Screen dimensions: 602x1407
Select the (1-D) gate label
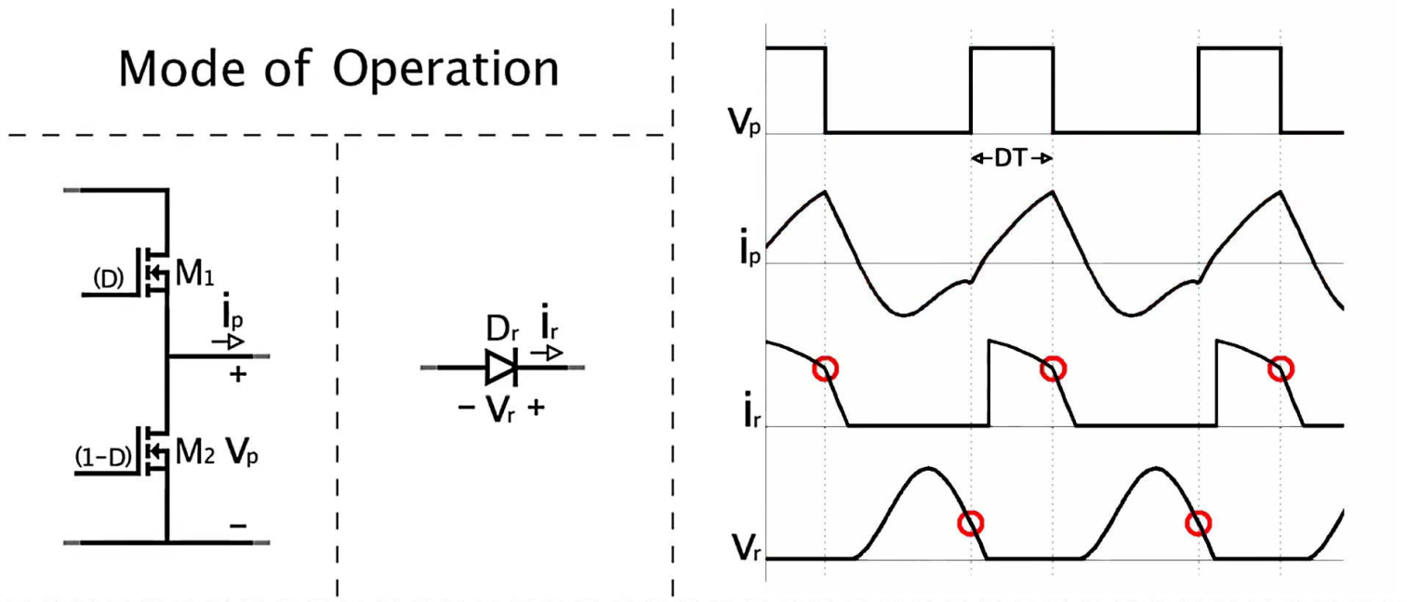click(101, 457)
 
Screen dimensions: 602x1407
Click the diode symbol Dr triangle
click(500, 368)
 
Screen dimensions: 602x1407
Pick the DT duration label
click(1011, 159)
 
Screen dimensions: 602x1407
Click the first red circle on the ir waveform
click(825, 369)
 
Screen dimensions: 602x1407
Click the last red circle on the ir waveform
click(1281, 369)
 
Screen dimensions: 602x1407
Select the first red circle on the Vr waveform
click(970, 524)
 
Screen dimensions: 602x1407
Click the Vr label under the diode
click(501, 409)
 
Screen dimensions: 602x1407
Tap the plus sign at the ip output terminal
click(238, 375)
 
